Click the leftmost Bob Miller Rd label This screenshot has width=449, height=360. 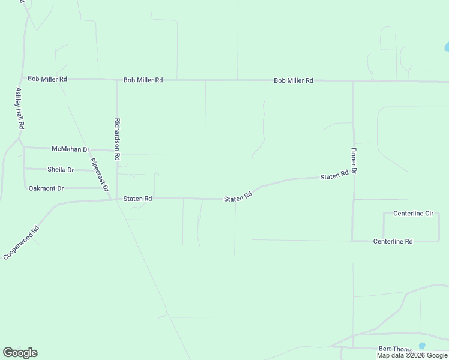click(47, 79)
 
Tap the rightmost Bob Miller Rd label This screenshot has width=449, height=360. click(294, 80)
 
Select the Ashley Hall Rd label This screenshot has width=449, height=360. click(19, 109)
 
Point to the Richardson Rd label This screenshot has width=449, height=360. click(118, 138)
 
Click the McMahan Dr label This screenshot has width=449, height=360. click(70, 149)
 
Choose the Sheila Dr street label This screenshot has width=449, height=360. click(61, 170)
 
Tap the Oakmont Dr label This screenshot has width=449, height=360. click(46, 188)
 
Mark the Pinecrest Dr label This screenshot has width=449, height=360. click(99, 174)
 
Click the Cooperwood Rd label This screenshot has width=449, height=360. click(21, 242)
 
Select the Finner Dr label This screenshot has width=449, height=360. click(354, 161)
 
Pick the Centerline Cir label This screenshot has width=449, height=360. click(413, 214)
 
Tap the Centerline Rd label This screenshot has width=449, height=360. click(393, 241)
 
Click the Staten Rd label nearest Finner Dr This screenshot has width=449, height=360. click(334, 176)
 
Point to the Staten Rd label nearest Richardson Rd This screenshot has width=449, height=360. click(137, 199)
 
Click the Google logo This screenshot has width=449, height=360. click(20, 353)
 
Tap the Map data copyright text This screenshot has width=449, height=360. click(412, 355)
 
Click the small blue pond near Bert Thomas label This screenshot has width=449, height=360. click(422, 346)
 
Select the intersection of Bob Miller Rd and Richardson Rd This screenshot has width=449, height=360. click(117, 80)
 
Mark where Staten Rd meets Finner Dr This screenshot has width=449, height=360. click(353, 176)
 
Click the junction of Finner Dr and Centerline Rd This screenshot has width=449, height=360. click(353, 241)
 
